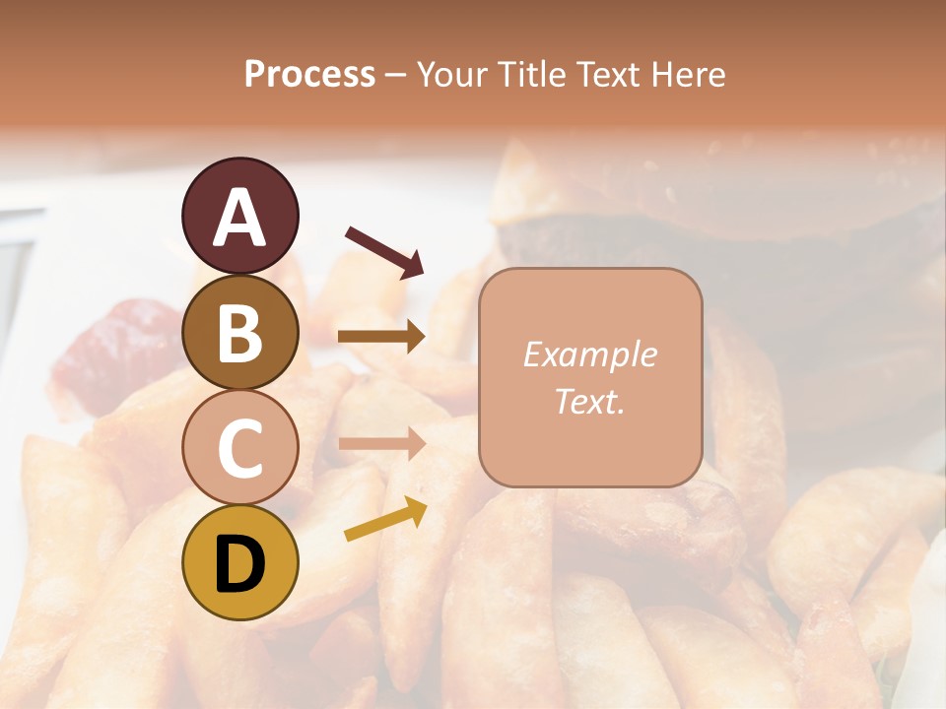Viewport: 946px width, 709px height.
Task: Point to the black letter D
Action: [240, 564]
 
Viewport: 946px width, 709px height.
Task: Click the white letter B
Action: [240, 333]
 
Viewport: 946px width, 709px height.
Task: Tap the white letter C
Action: [240, 448]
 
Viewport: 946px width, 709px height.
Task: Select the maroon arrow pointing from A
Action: [384, 251]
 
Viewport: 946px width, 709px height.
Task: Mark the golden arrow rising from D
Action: [385, 519]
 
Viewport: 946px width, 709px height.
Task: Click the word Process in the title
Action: [309, 74]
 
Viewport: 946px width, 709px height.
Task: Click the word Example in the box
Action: [589, 354]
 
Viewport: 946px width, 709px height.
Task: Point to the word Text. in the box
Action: [589, 401]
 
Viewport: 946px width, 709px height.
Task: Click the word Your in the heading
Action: [453, 75]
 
